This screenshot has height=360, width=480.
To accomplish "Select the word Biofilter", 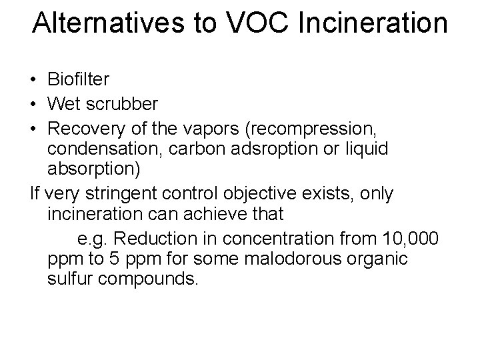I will pyautogui.click(x=79, y=79).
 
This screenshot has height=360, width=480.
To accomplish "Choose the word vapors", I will pyautogui.click(x=220, y=127).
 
